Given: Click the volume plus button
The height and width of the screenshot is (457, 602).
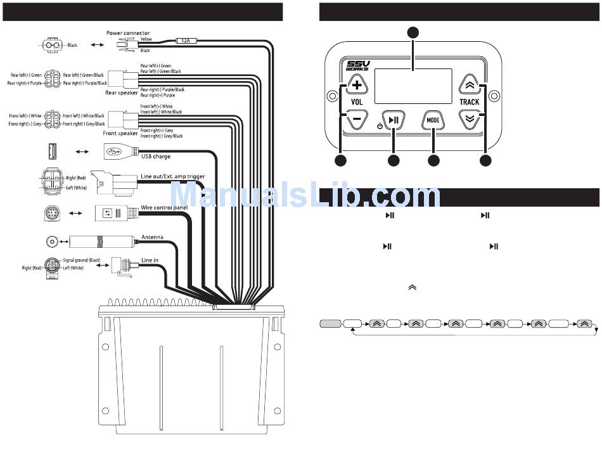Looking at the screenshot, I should click(x=357, y=85).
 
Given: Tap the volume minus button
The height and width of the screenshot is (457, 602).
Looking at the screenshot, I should click(x=357, y=119).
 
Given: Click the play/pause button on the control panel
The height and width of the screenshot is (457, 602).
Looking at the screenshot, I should click(x=394, y=119).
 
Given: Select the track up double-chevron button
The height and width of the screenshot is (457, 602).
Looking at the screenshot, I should click(x=469, y=84).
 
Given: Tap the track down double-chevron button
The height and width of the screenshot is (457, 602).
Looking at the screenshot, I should click(x=469, y=119).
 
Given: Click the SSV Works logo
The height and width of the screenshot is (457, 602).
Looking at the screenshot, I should click(x=357, y=66).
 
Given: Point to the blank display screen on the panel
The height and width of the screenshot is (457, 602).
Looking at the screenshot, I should click(x=413, y=86).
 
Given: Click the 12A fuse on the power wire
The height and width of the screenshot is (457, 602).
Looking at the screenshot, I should click(x=186, y=40).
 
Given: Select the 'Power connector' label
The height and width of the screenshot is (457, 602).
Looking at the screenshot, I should click(x=128, y=33).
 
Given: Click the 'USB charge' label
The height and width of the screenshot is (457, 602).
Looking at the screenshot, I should click(x=155, y=156).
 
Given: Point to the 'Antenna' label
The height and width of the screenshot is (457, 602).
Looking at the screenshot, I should click(x=152, y=237).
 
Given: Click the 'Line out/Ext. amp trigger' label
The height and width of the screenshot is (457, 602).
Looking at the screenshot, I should click(x=172, y=176).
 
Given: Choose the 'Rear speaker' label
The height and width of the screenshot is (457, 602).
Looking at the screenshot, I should click(x=121, y=93).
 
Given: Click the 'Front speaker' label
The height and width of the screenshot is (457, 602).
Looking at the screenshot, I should click(x=120, y=133).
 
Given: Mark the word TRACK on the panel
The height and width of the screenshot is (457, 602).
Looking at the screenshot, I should click(x=469, y=101).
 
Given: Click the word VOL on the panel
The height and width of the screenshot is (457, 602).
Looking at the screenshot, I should click(x=357, y=101).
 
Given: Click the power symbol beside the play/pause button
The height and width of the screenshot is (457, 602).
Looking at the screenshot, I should click(x=380, y=126).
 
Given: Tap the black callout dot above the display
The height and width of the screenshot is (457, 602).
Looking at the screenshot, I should click(x=413, y=32).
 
